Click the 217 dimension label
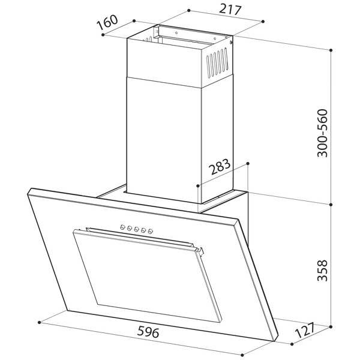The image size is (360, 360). (x=230, y=10)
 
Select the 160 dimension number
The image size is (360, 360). (x=107, y=22)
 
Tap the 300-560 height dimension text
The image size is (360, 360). (x=322, y=133)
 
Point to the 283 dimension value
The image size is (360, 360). (x=220, y=166)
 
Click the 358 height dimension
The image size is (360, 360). (x=322, y=271)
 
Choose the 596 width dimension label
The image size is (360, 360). (x=148, y=332)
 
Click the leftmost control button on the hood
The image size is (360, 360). (x=122, y=227)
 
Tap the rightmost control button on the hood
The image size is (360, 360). (x=151, y=231)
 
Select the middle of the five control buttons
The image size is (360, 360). (x=137, y=229)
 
